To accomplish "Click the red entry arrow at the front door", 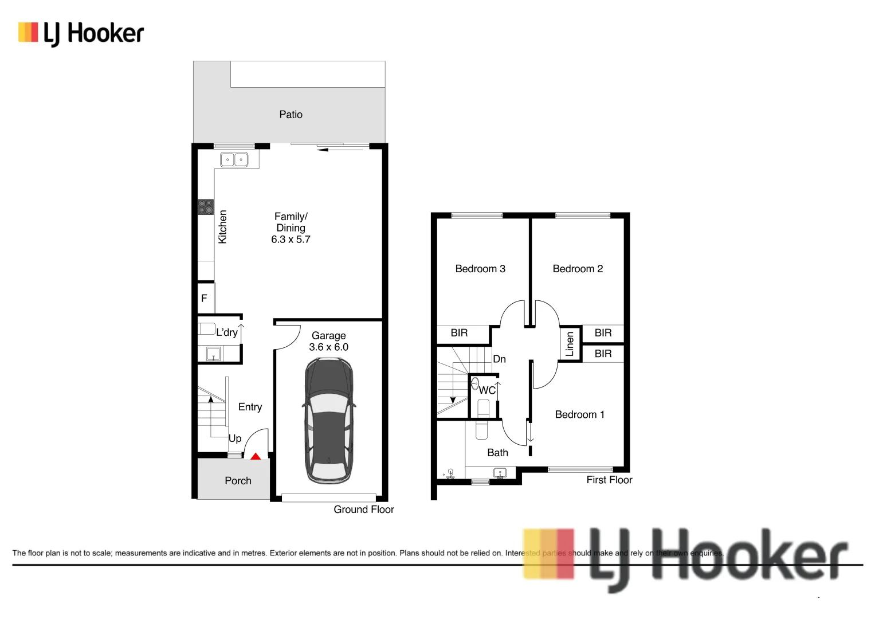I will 256,456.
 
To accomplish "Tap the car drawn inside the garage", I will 328,420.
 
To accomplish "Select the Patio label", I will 291,115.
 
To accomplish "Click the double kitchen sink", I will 234,160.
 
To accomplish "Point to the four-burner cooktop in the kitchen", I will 206,207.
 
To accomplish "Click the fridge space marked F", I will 204,299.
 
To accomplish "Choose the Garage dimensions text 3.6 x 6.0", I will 328,347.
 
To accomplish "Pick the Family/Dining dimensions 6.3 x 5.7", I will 291,240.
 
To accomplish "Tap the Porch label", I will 238,481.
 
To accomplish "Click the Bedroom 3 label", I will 480,269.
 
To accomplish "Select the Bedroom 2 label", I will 578,269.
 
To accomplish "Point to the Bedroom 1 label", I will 579,414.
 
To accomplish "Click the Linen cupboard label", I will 570,344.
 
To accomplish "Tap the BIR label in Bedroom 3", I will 459,333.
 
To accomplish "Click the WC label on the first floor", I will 487,390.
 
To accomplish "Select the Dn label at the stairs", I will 499,359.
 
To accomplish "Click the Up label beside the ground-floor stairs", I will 235,438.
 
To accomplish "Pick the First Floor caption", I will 609,480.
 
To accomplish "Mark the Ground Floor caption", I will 364,510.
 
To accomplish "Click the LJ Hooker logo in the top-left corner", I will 81,33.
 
